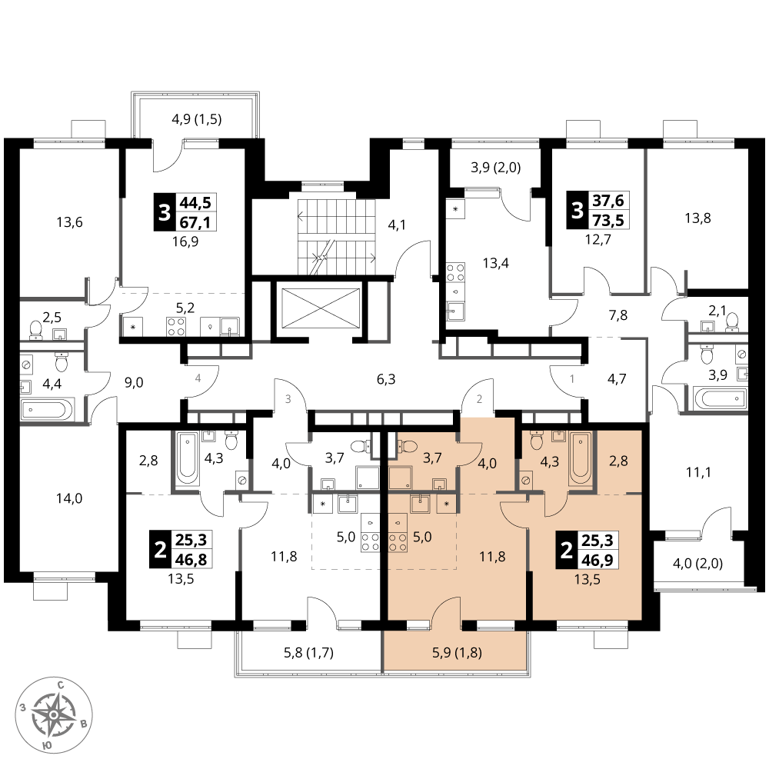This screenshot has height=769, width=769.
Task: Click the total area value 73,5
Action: pyautogui.click(x=608, y=220)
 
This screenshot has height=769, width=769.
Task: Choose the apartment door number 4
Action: pyautogui.click(x=198, y=378)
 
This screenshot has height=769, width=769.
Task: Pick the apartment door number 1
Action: pyautogui.click(x=572, y=378)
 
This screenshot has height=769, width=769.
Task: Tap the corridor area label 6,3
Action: pyautogui.click(x=386, y=379)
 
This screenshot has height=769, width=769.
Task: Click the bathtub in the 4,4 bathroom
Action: pyautogui.click(x=48, y=408)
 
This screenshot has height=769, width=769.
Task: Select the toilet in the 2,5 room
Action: pyautogui.click(x=36, y=330)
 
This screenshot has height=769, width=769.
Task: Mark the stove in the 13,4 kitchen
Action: pyautogui.click(x=455, y=272)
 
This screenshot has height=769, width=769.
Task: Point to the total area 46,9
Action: pyautogui.click(x=598, y=559)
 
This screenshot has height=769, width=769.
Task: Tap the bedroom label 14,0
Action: pyautogui.click(x=69, y=498)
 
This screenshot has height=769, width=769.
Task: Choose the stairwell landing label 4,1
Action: pyautogui.click(x=397, y=225)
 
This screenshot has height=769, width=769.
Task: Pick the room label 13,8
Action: pyautogui.click(x=697, y=218)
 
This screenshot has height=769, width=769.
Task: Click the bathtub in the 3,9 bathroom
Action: pyautogui.click(x=720, y=398)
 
